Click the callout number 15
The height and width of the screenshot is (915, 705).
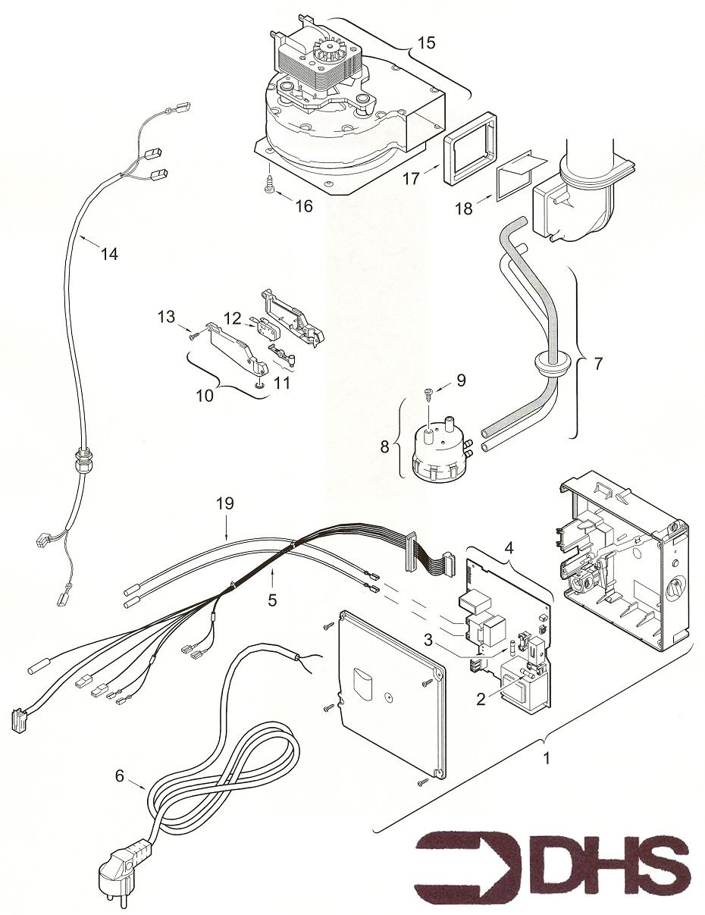[x=426, y=42]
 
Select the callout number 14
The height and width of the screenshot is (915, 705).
[x=109, y=255]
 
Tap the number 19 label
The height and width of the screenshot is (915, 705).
[x=224, y=503]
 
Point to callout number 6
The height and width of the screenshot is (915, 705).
[x=119, y=776]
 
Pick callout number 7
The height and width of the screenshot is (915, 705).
[x=598, y=364]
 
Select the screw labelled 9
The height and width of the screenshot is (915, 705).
[x=429, y=393]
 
